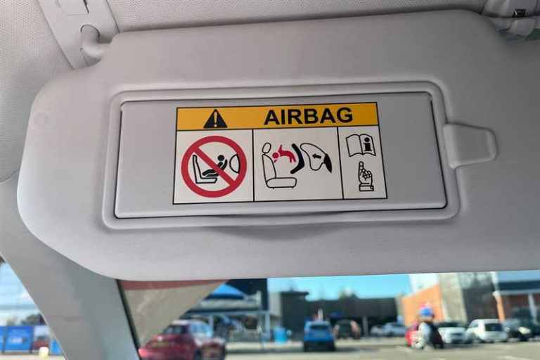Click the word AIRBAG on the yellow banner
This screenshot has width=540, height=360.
(308, 116)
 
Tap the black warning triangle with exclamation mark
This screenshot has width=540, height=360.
(215, 119)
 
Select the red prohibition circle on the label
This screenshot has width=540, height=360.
(214, 167)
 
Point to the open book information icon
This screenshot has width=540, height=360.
(360, 146)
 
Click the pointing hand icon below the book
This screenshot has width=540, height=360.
(366, 176)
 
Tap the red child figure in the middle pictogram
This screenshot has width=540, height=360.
(285, 154)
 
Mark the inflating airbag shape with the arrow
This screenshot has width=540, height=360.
(316, 157)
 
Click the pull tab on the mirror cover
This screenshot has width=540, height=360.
(470, 145)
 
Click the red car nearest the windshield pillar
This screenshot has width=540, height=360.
(182, 342)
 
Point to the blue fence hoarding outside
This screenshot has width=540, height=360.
(25, 340)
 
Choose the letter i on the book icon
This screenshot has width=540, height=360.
(368, 143)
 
